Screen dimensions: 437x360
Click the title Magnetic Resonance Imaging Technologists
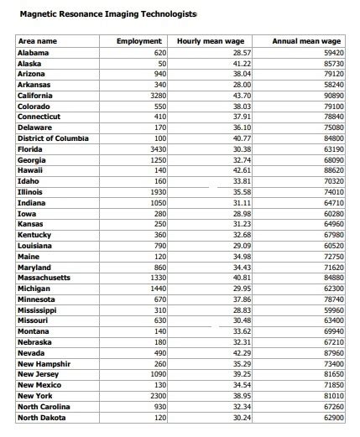coord(107,15)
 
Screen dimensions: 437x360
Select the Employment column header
coord(139,41)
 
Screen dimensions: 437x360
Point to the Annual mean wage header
coord(307,41)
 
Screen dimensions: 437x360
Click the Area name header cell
coord(38,41)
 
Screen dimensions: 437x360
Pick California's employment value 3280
coord(157,96)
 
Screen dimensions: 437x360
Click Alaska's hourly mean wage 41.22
coord(242,64)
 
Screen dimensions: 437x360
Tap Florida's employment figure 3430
coord(157,149)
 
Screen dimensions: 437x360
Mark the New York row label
coord(35,396)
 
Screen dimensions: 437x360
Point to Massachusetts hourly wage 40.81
coord(242,278)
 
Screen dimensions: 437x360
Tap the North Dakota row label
coord(41,417)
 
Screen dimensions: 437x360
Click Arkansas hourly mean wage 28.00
coord(242,85)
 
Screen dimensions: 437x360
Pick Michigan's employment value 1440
coord(157,289)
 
